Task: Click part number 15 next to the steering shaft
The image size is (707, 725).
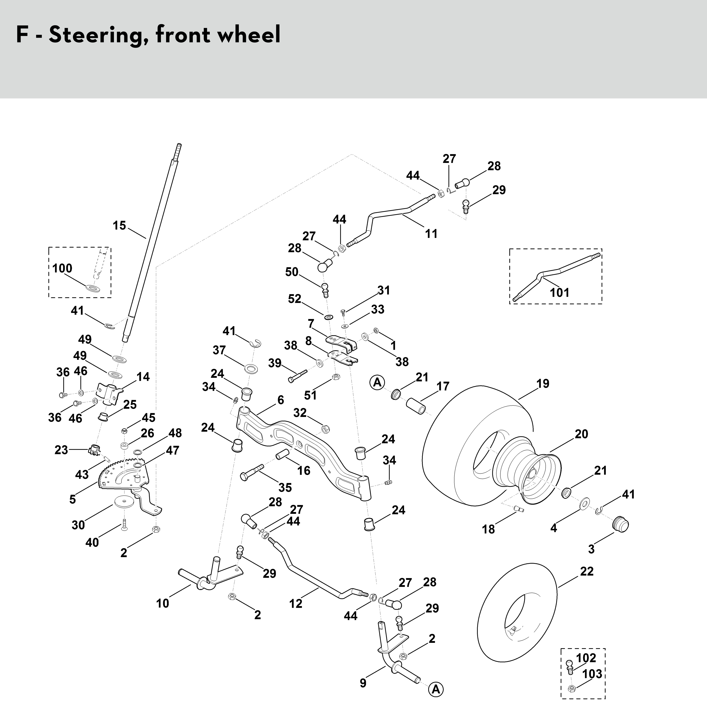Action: coord(119,225)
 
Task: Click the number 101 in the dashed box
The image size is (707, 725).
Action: coord(559,292)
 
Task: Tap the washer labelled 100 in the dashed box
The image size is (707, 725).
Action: coord(92,288)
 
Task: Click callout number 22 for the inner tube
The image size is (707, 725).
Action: coord(587,571)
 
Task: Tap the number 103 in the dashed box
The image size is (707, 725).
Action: coord(592,673)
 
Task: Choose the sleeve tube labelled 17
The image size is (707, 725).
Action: coord(416,406)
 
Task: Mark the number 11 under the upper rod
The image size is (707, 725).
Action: coord(431,234)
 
